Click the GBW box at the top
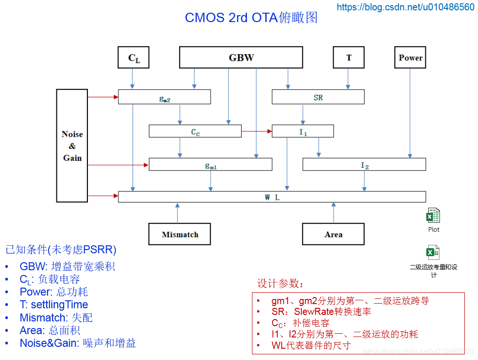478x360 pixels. coord(241,57)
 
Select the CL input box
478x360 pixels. coord(133,57)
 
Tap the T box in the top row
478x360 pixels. coord(349,57)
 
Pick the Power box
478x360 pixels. coord(410,57)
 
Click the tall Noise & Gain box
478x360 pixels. coord(72,146)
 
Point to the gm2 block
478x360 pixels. coord(165,97)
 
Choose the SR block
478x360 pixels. coord(318,97)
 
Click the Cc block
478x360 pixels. coord(195,131)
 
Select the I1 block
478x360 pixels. coord(303,131)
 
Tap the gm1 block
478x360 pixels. coord(211,164)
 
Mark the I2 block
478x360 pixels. coord(364,164)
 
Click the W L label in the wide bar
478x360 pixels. coord(272,197)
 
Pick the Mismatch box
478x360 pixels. coord(180,234)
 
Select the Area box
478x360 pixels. coord(333,234)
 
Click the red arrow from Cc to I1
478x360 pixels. coord(257,132)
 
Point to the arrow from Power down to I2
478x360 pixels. coord(410,113)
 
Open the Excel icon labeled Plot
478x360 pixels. coord(433,215)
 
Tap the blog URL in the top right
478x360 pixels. coord(406,7)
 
